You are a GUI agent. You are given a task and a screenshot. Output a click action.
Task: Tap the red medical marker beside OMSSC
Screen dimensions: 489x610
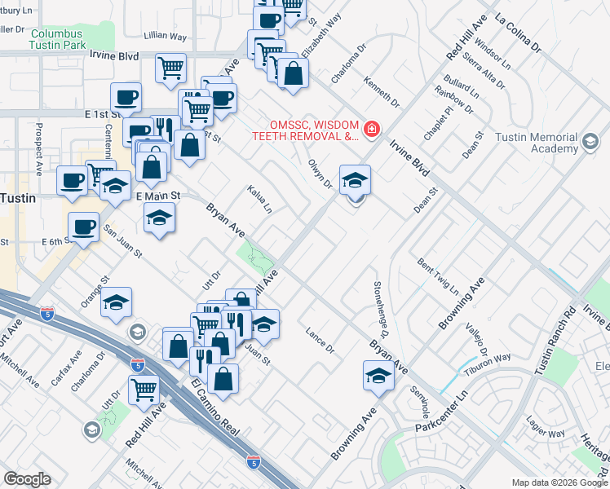372,130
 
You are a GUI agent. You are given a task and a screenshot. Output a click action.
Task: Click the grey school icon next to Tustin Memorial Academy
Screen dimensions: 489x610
589,143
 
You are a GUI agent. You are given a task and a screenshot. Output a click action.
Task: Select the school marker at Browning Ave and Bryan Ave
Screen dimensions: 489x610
378,376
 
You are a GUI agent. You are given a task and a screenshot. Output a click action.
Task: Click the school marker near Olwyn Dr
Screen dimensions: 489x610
355,179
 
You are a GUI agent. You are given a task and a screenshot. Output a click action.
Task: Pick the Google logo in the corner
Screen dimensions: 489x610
28,478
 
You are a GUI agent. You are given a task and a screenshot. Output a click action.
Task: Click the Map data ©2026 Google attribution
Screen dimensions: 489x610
559,482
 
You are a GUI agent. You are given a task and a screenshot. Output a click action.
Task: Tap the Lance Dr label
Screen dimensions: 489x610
320,341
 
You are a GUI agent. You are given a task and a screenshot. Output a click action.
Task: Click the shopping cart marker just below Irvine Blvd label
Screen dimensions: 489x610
170,68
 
